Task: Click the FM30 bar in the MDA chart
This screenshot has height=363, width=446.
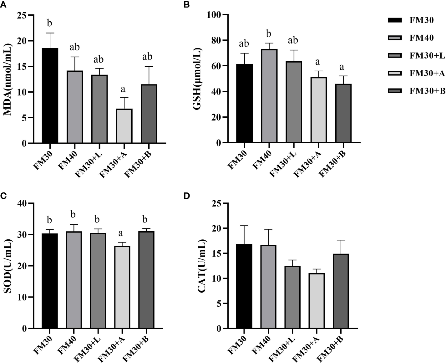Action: (50, 95)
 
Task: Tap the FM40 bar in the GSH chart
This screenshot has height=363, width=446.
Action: (269, 96)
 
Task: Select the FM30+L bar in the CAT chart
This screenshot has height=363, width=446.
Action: (292, 297)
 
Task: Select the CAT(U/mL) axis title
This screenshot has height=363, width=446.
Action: (202, 266)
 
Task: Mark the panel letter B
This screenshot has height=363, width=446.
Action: (186, 5)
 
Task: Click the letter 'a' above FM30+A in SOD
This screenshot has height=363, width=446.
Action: (121, 233)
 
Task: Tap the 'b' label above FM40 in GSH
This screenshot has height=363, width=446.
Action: (269, 33)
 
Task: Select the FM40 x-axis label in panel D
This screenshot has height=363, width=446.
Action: (261, 345)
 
